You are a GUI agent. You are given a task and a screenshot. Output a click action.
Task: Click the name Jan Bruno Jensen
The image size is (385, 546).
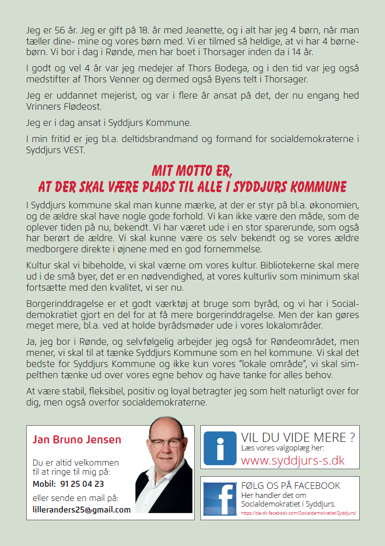pos(77,439)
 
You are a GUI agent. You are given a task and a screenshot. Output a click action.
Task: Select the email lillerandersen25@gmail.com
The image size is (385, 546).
pos(81,510)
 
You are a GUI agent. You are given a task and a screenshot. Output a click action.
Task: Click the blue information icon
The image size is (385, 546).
pos(220,448)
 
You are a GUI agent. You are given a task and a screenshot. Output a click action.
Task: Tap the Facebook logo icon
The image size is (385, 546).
pos(220,498)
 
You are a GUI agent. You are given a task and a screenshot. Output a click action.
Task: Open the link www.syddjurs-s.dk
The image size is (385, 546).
pos(293,460)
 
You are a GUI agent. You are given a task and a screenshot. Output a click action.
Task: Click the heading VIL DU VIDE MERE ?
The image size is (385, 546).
pos(298,437)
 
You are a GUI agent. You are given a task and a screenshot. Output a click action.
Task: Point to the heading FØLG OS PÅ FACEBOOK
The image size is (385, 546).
pos(291,486)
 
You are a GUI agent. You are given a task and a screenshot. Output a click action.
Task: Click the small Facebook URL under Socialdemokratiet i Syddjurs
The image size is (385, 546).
pos(299,513)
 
